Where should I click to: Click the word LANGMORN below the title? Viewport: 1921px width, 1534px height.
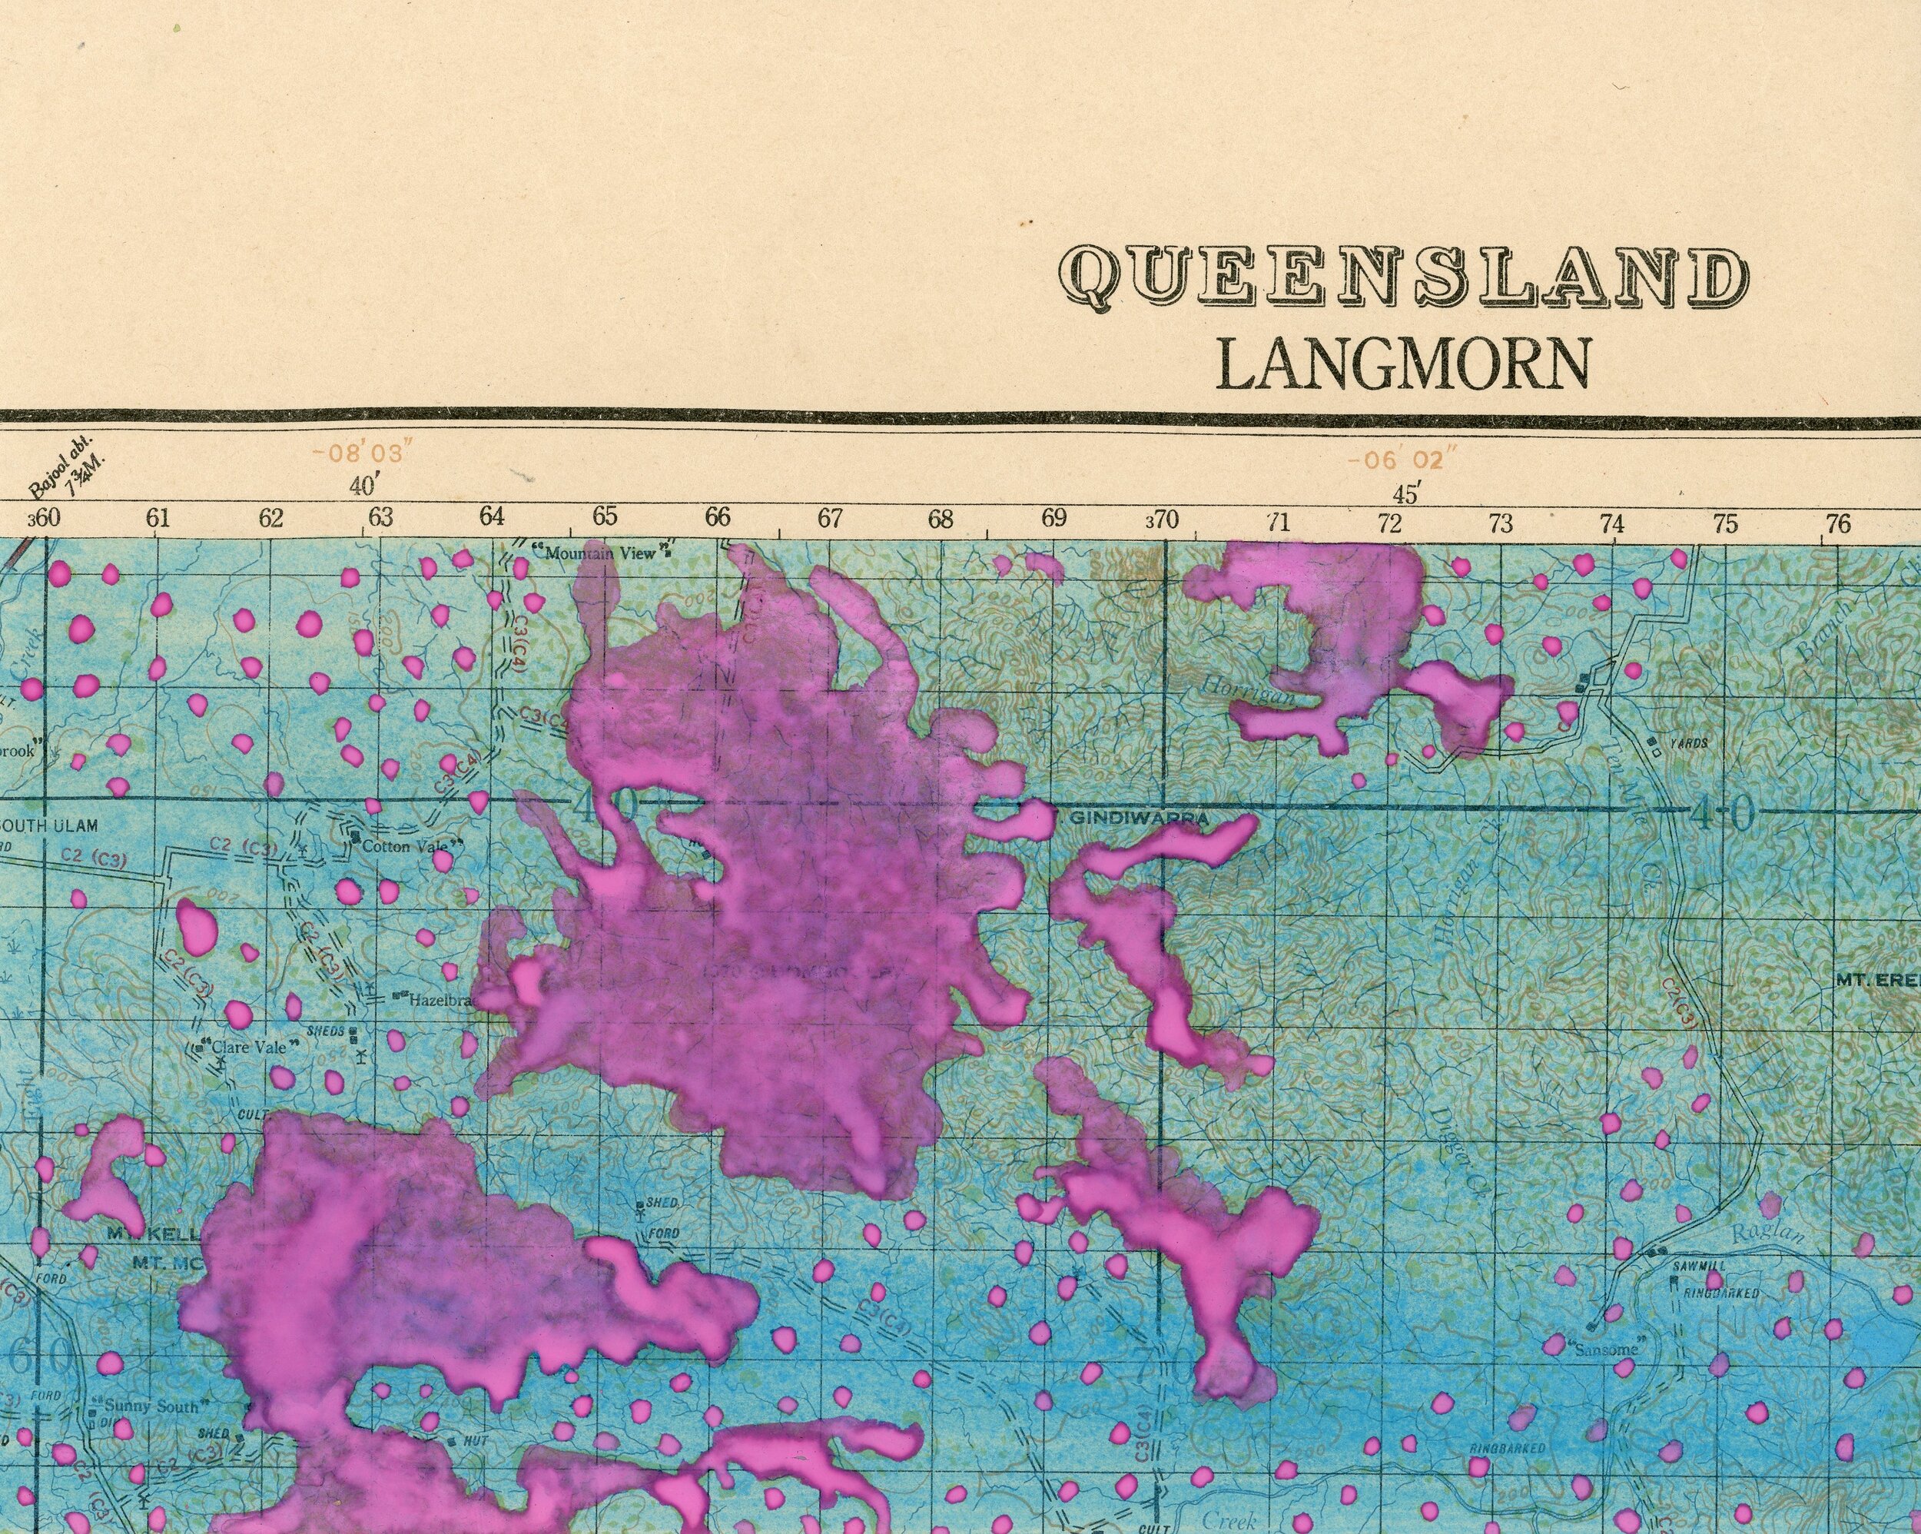(x=1402, y=364)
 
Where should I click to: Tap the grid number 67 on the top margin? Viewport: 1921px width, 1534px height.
(x=830, y=517)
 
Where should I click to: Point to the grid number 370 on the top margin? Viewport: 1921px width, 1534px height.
(x=1161, y=519)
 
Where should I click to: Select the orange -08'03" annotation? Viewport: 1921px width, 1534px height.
(x=363, y=453)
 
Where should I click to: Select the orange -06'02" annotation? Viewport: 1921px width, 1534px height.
(x=1405, y=461)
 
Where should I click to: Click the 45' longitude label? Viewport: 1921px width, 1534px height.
(x=1407, y=493)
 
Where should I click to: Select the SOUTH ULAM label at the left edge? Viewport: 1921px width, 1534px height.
(x=49, y=825)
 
